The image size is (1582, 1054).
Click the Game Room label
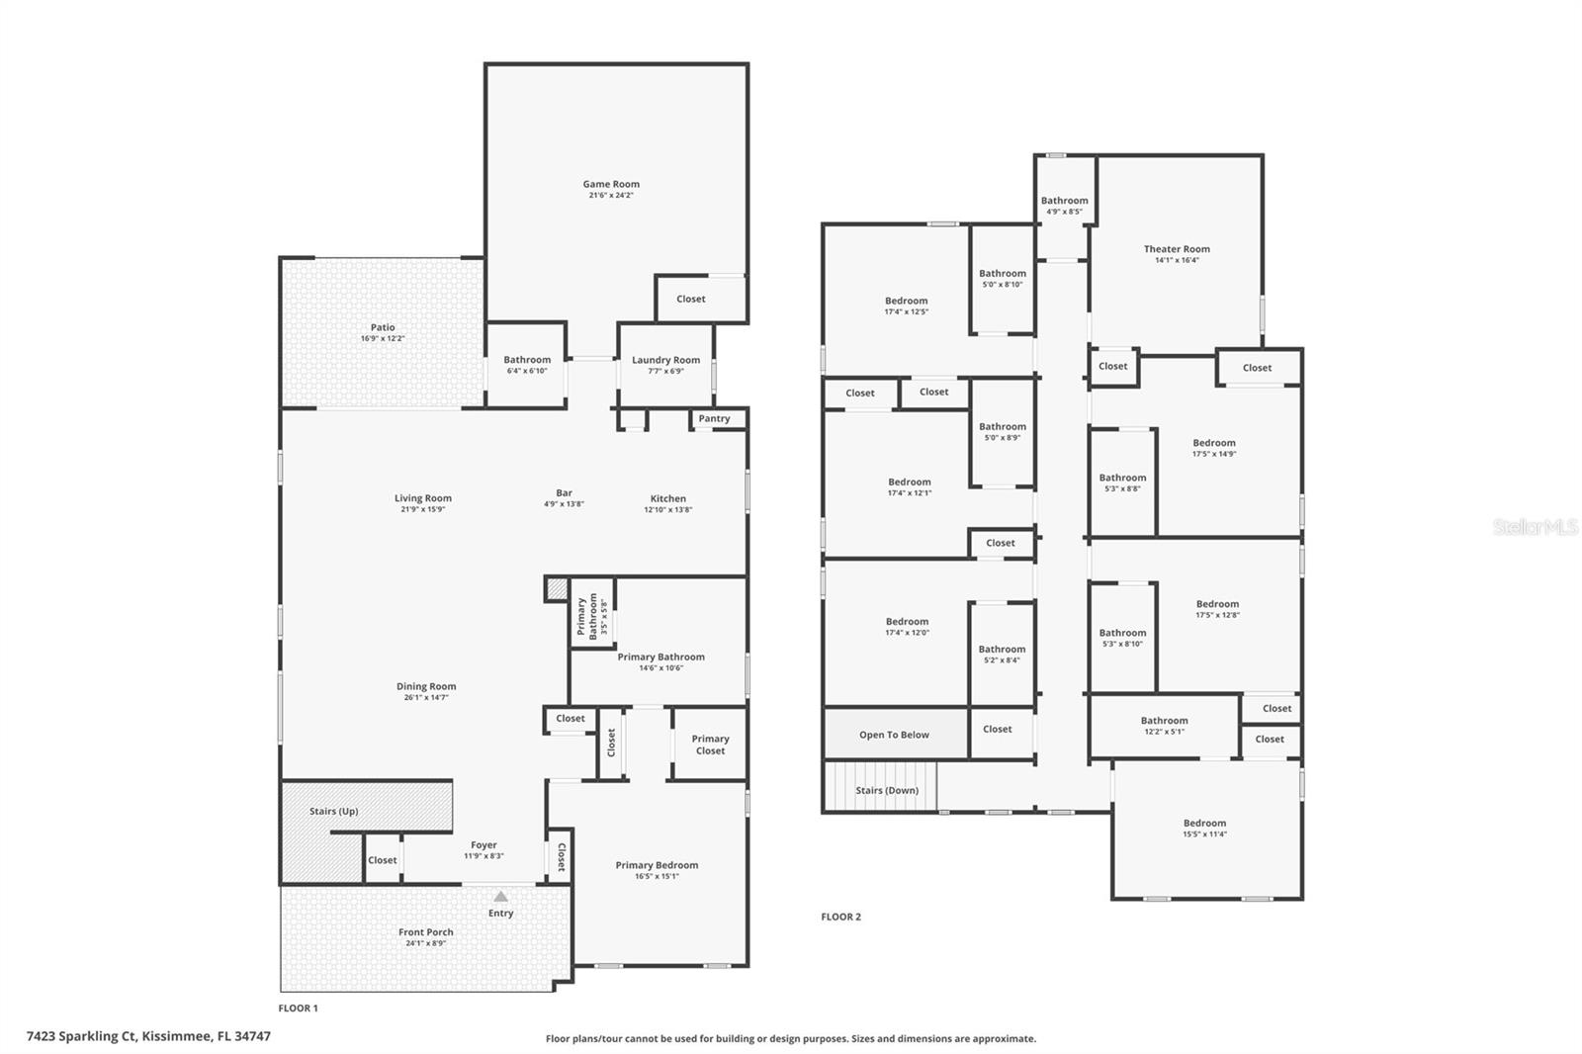pos(610,184)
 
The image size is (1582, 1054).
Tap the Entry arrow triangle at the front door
pos(500,897)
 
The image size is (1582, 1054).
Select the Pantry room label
pos(714,419)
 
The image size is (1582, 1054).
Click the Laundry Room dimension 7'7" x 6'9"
pos(665,372)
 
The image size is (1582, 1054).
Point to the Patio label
pos(383,327)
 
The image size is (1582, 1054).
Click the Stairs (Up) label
pos(333,812)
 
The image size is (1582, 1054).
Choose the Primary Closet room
pos(710,745)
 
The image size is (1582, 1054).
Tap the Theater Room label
pos(1177,249)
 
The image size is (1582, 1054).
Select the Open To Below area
pos(894,735)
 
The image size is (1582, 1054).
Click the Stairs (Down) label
pos(887,790)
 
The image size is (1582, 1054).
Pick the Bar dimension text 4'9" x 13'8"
pos(564,504)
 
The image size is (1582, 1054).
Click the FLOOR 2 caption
pos(840,917)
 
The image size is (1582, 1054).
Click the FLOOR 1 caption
pos(298,1009)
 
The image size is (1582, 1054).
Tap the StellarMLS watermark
pos(1535,527)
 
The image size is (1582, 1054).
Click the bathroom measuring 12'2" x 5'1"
pos(1164,726)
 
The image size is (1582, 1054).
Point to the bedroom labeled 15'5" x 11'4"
pos(1204,829)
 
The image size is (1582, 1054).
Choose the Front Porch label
pos(426,932)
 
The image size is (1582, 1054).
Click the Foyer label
pos(483,845)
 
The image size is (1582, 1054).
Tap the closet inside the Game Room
pos(690,299)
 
